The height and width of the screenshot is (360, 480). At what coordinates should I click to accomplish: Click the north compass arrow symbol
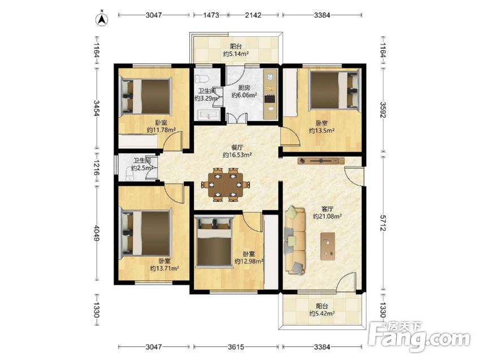102,19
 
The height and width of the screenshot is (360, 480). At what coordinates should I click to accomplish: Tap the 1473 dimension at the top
211,15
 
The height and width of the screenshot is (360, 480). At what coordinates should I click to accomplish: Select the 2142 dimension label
253,15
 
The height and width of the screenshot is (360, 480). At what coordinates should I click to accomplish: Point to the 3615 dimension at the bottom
236,347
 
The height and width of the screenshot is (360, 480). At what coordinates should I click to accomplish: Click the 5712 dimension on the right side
383,223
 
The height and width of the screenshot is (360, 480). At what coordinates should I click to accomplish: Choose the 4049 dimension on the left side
97,233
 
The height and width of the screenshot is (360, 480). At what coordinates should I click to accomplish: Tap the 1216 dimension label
97,167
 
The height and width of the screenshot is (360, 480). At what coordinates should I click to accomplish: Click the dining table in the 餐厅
226,185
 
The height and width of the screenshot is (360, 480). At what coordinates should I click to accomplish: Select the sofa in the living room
295,240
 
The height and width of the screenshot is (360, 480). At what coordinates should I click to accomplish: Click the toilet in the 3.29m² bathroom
201,79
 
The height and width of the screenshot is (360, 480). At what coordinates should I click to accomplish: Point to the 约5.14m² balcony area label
236,54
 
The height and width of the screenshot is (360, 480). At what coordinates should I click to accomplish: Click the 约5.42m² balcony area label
322,314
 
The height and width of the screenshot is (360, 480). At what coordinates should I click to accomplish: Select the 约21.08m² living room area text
327,216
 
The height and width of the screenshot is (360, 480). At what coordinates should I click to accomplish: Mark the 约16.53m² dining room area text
237,155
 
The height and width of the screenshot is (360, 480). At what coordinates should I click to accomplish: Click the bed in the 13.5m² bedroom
334,90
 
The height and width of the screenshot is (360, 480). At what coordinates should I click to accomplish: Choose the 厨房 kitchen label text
244,88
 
